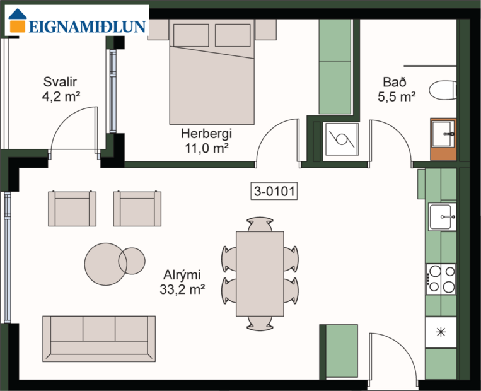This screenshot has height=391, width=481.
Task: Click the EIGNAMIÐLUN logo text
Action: [x=87, y=26]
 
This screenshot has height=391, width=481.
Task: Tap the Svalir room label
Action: [x=61, y=82]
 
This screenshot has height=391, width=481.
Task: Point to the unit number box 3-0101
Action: [x=274, y=190]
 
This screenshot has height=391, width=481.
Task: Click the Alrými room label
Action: [x=182, y=275]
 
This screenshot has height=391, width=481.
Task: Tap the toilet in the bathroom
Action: [x=443, y=90]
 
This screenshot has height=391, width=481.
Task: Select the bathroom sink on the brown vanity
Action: [x=443, y=134]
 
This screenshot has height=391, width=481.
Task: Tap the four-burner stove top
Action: [x=441, y=279]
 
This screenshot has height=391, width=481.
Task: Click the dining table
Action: [x=260, y=273]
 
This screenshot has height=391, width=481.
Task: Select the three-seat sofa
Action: [x=99, y=338]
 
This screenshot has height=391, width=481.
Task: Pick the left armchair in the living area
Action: [x=72, y=209]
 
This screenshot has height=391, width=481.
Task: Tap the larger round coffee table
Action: [x=105, y=263]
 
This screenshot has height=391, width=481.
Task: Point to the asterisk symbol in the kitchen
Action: [x=441, y=332]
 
